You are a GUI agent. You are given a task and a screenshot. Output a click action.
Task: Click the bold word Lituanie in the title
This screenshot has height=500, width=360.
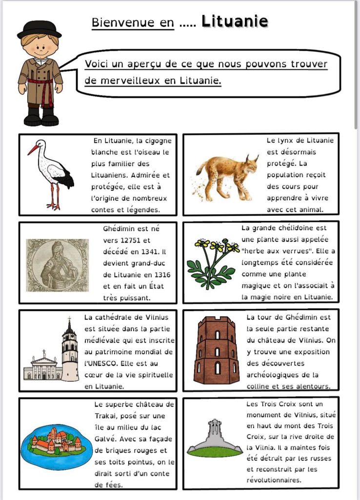click(235, 21)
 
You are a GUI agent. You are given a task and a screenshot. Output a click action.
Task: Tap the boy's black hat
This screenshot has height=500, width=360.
click(39, 29)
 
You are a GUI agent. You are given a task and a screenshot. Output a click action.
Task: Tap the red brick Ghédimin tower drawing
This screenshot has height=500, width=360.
click(216, 350)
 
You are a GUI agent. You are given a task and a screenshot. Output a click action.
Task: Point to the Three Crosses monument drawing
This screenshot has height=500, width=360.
click(215, 437)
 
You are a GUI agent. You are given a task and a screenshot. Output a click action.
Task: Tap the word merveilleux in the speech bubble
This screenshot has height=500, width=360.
click(129, 81)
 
